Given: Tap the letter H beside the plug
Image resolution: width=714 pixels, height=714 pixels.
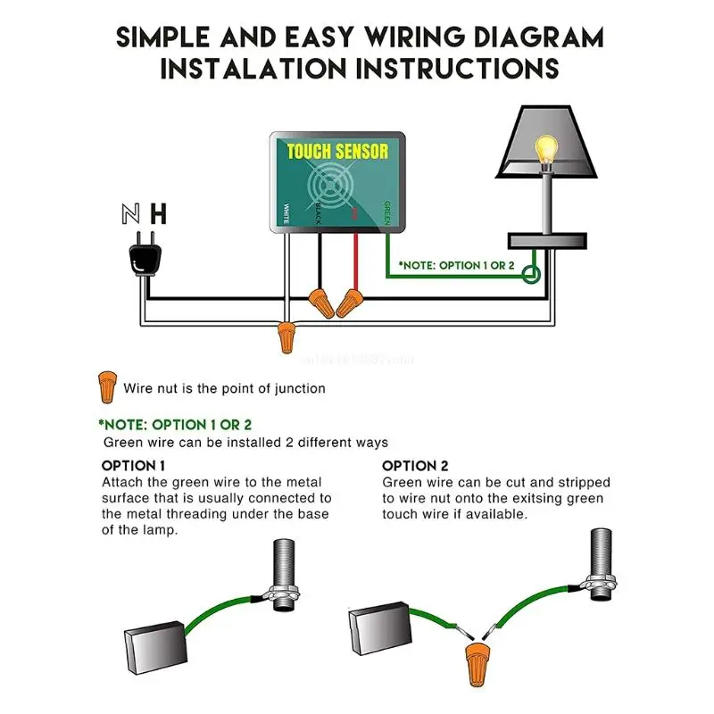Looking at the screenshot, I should (x=159, y=213).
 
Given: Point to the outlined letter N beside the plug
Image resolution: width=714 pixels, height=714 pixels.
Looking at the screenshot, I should (x=130, y=213).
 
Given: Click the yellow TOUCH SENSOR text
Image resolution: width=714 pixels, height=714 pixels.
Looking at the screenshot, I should (x=337, y=151).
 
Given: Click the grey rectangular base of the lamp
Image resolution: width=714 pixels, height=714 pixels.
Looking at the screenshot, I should (x=546, y=240).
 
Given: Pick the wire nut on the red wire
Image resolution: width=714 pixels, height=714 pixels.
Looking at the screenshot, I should (x=349, y=303).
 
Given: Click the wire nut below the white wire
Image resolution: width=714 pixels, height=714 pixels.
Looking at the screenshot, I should (x=286, y=337).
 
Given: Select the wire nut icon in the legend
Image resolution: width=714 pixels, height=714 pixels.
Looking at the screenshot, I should (x=107, y=386).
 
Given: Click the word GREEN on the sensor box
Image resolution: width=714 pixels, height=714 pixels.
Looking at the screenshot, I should (x=386, y=212).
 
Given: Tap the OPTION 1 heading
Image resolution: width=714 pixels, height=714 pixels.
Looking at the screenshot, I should (x=133, y=466).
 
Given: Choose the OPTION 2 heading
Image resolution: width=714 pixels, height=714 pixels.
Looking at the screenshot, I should (x=415, y=466).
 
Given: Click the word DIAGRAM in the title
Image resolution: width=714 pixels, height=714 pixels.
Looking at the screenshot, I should (x=534, y=37).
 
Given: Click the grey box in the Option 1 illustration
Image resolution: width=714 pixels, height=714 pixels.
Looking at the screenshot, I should (x=157, y=642).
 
